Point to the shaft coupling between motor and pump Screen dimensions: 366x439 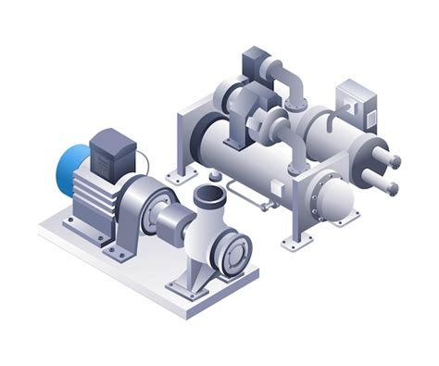point(171,221)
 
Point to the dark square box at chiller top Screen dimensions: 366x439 point(256,63)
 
